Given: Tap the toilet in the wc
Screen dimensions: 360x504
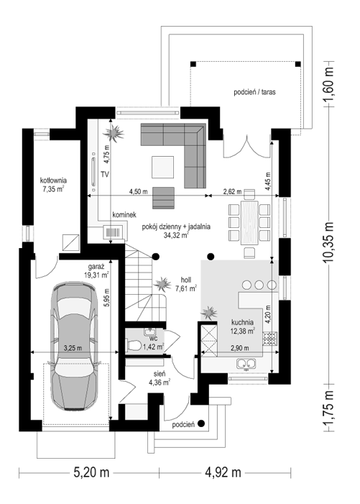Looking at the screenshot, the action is (134, 346).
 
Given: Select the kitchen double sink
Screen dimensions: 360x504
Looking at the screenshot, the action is (246, 364).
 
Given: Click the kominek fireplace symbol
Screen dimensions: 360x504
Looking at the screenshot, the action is (113, 232).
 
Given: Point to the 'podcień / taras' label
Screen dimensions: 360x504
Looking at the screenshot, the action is (254, 92).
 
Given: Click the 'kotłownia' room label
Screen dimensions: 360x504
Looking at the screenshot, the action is (53, 180).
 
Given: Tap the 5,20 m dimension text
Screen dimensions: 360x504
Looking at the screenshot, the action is (92, 473).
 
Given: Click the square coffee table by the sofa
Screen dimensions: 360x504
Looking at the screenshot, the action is (163, 167).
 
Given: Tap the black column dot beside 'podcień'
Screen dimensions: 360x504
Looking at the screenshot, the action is (201, 423).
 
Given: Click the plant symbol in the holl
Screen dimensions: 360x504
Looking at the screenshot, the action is (162, 284).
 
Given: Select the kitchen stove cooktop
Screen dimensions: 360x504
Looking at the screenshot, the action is (269, 338).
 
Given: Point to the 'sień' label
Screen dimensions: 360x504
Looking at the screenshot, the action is (160, 374).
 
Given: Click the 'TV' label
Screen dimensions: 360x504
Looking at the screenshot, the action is (104, 175).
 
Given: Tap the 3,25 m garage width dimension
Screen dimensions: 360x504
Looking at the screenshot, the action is (73, 347).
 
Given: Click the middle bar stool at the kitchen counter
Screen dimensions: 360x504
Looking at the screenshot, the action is (259, 285).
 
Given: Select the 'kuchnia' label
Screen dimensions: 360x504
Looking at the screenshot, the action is (242, 322).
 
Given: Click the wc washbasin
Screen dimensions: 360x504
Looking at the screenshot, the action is (149, 331).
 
